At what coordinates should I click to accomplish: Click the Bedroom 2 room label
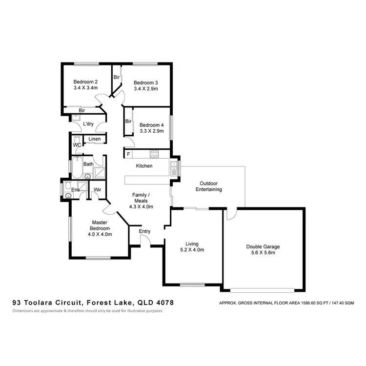click(x=86, y=81)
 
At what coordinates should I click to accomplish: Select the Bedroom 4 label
click(x=151, y=124)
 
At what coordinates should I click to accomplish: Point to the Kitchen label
click(x=144, y=166)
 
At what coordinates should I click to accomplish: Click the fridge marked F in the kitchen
click(x=128, y=154)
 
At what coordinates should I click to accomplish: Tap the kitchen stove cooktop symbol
click(x=154, y=154)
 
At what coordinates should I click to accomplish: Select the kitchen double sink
click(x=175, y=168)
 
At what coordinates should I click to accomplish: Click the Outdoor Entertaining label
click(x=208, y=186)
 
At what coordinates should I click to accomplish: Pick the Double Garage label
click(x=263, y=246)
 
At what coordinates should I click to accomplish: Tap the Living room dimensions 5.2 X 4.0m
click(x=191, y=249)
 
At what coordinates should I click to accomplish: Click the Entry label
click(x=145, y=231)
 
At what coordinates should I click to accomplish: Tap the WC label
click(x=77, y=145)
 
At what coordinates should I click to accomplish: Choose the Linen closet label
click(x=95, y=140)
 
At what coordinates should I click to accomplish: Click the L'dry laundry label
click(x=88, y=124)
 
